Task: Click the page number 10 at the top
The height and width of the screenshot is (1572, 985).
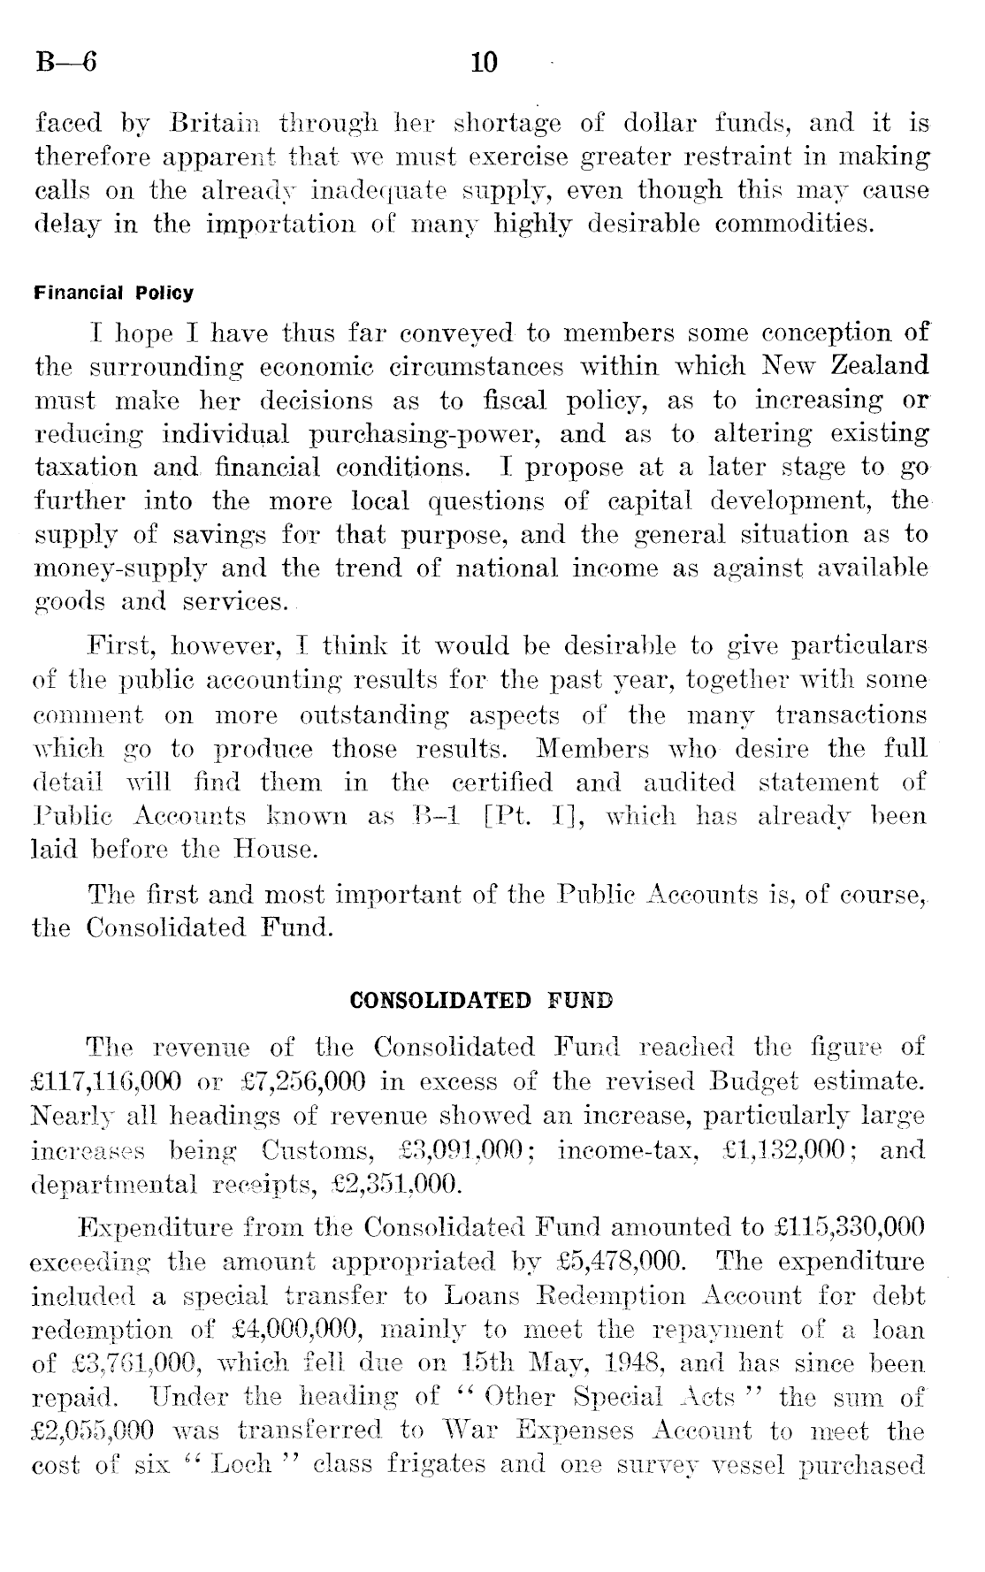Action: (x=485, y=63)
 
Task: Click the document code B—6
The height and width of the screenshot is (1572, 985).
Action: (x=65, y=63)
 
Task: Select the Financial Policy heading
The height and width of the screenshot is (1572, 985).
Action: (x=113, y=293)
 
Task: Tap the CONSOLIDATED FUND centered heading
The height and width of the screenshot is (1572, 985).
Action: (x=482, y=1001)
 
